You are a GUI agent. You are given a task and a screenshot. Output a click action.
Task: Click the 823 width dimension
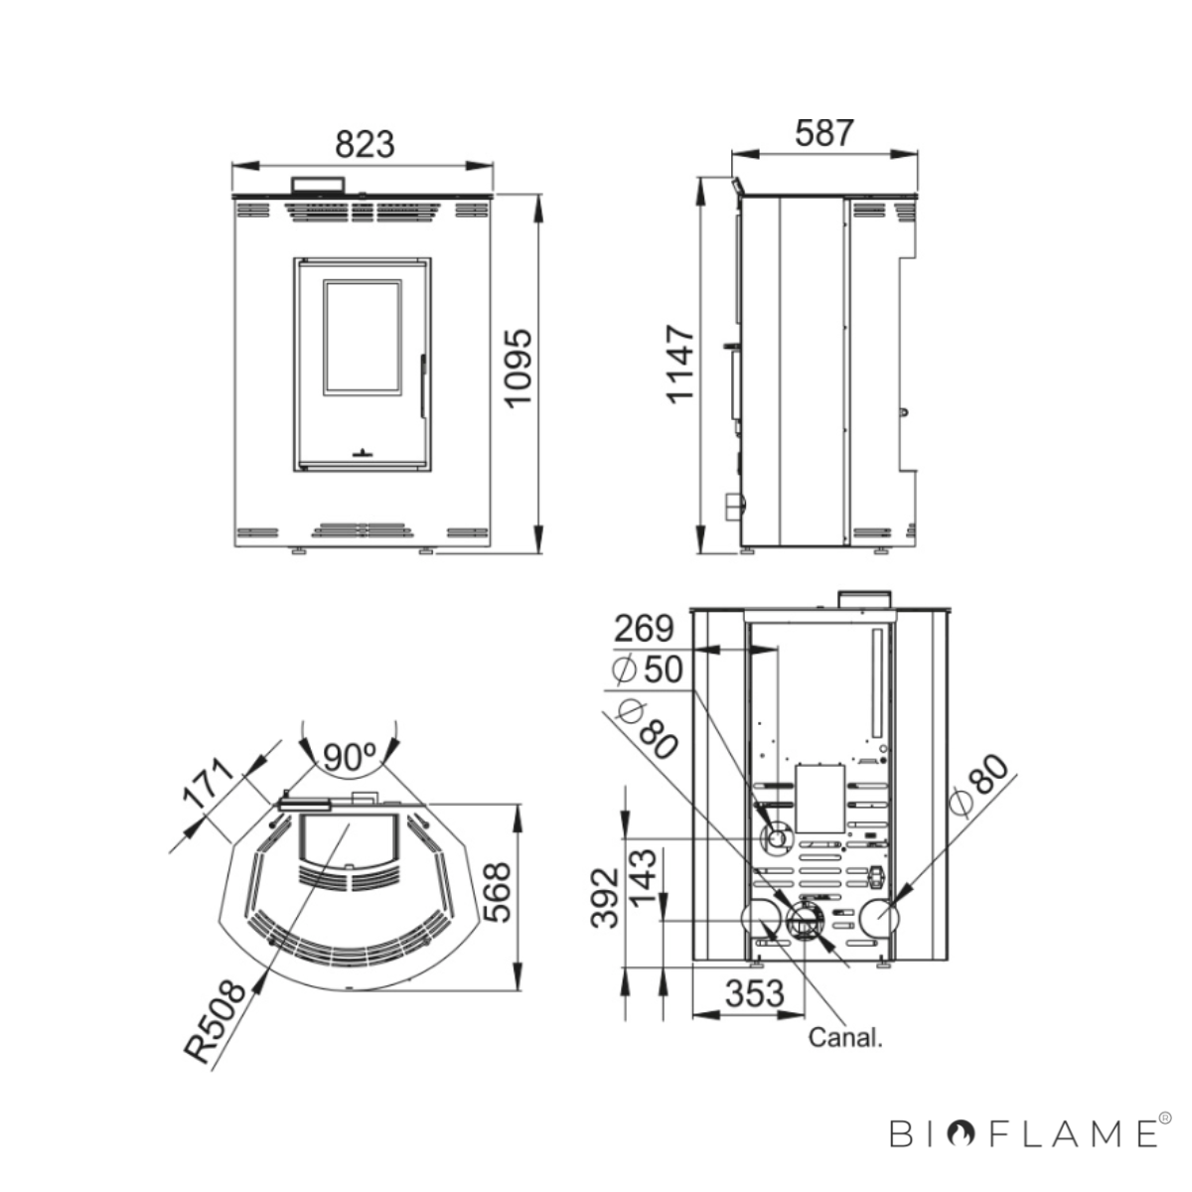click(365, 144)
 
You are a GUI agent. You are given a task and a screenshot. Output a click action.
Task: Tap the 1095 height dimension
click(518, 369)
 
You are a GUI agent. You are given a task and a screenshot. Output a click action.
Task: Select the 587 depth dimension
click(823, 133)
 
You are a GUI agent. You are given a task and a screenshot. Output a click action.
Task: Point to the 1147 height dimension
click(681, 365)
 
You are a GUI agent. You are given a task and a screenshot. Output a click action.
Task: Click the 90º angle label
click(349, 757)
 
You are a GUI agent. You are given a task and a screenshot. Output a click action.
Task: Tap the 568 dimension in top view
click(497, 893)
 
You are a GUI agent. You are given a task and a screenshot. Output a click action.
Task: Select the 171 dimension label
click(209, 785)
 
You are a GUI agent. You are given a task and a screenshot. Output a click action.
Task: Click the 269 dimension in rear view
click(644, 629)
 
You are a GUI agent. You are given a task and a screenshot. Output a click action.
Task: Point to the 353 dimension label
click(754, 994)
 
